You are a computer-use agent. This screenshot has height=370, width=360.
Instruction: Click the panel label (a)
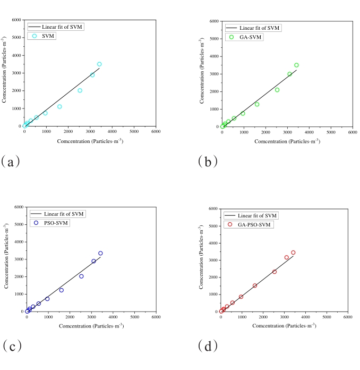[x=11, y=162]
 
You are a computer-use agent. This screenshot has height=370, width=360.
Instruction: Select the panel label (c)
[x=11, y=346]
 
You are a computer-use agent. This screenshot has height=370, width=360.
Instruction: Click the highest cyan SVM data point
[x=99, y=64]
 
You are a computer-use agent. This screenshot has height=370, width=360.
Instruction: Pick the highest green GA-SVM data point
[x=296, y=65]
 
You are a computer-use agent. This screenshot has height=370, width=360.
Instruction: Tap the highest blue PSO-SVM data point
[x=100, y=253]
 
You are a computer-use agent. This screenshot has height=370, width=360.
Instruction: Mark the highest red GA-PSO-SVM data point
[x=293, y=253]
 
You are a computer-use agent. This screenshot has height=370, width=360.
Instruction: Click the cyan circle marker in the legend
[x=35, y=36]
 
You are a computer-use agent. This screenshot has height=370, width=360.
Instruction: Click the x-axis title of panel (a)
[x=90, y=141]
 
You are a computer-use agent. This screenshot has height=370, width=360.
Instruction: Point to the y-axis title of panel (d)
[x=202, y=260]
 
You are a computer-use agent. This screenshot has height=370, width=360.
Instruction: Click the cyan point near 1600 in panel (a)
[x=59, y=106]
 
